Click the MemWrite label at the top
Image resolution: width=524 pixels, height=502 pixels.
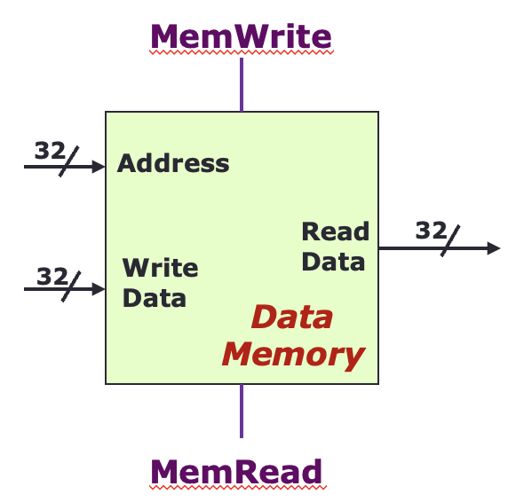coord(241,36)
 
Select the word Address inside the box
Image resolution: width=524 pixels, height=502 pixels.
coord(173,163)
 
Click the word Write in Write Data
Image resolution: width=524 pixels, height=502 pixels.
coord(161,267)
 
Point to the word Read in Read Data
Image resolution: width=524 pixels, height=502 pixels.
coord(336,231)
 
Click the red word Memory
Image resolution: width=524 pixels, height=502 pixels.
coord(293,356)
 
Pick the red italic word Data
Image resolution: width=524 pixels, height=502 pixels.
coord(292,317)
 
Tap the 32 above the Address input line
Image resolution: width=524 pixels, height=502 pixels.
coord(50,150)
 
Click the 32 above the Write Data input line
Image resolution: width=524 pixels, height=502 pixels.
coord(52,276)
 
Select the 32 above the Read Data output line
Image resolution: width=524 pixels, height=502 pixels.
coord(431,231)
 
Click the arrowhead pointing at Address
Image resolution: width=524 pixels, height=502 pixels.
coord(99,167)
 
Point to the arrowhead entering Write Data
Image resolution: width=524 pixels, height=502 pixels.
coord(99,289)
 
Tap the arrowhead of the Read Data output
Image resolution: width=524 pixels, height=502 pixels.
coord(494,248)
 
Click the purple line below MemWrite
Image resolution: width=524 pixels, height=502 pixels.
coord(242,84)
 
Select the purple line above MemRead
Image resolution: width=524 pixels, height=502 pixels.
coord(242,412)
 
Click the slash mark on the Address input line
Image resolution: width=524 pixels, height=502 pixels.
coord(69,161)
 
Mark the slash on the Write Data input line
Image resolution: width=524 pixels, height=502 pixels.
coord(71,286)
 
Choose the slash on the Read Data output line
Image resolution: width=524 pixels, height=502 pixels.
coord(450,241)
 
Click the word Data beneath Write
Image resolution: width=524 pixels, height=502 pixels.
coord(155,298)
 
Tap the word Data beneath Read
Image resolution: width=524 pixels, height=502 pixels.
coord(333,262)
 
